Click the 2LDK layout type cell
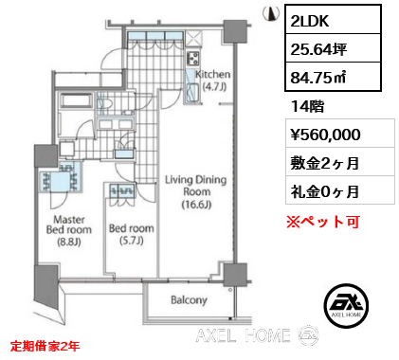click(334, 20)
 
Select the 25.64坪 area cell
click(334, 48)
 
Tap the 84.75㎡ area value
click(334, 77)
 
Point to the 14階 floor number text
click(307, 106)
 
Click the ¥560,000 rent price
click(325, 135)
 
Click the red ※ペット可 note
click(323, 222)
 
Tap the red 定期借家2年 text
click(45, 346)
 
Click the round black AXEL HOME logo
click(347, 305)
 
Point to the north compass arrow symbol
click(271, 13)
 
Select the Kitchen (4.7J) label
click(212, 80)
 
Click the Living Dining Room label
click(196, 192)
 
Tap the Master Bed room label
click(69, 230)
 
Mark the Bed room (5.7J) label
click(132, 234)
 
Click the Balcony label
click(189, 299)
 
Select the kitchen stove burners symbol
click(193, 58)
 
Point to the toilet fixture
click(104, 103)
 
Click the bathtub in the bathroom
click(77, 100)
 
